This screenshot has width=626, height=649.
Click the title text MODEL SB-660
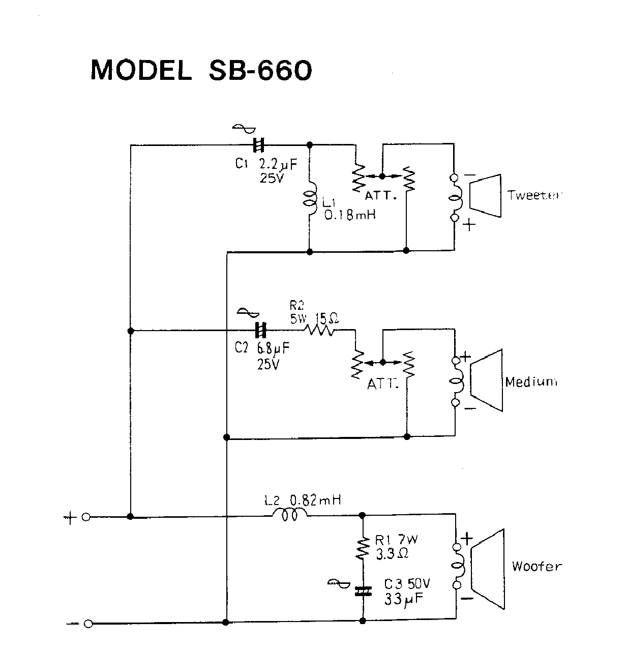point(201,71)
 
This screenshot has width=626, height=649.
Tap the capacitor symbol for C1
point(259,145)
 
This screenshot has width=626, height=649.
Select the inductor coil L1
point(310,198)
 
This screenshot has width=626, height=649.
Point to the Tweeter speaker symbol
point(485,196)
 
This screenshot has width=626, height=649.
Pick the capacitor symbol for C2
point(260,331)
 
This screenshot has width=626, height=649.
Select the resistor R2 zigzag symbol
point(319,331)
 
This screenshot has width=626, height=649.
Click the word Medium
point(531,382)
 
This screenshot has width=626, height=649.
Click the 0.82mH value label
point(315,500)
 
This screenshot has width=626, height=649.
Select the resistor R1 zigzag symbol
point(363,548)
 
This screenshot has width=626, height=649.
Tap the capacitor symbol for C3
point(363,591)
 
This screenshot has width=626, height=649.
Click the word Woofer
point(536,567)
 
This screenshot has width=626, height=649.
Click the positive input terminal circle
point(86,517)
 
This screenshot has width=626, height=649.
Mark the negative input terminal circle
point(88,624)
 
